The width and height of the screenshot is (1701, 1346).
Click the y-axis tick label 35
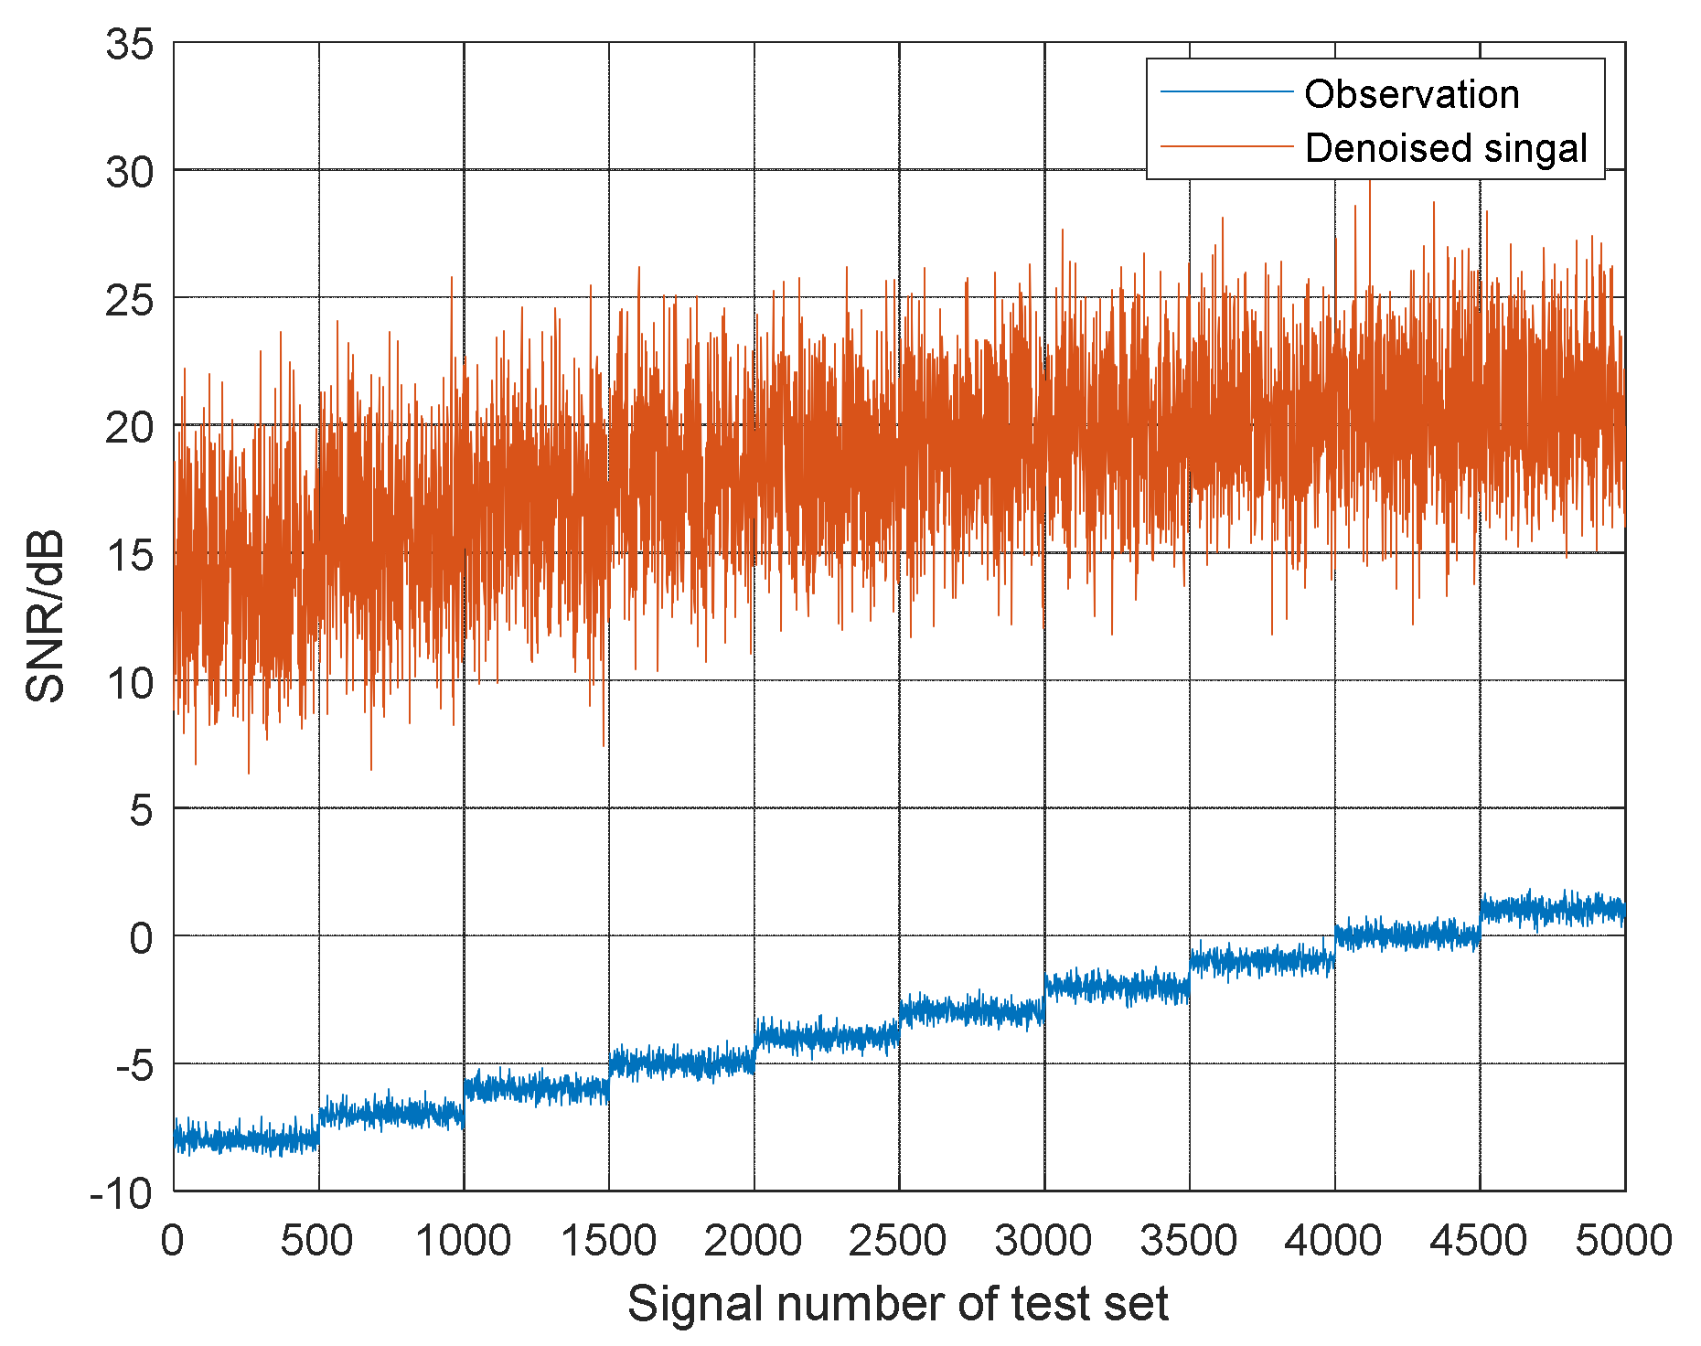click(x=130, y=44)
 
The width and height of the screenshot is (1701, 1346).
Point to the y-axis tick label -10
click(x=121, y=1193)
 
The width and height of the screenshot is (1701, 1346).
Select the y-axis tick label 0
click(x=141, y=937)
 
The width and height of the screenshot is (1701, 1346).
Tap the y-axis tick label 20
click(x=130, y=427)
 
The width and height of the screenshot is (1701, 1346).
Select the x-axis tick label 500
click(x=316, y=1241)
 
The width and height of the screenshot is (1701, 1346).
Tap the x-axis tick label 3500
click(x=1188, y=1241)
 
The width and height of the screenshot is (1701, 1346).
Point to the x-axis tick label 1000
click(x=463, y=1241)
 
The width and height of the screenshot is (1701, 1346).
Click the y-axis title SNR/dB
click(x=46, y=616)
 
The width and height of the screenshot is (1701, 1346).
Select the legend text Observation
click(x=1411, y=94)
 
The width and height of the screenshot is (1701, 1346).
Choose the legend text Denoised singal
click(x=1446, y=148)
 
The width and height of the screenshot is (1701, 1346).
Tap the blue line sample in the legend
click(x=1226, y=92)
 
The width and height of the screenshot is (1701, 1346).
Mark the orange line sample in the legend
click(x=1226, y=146)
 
